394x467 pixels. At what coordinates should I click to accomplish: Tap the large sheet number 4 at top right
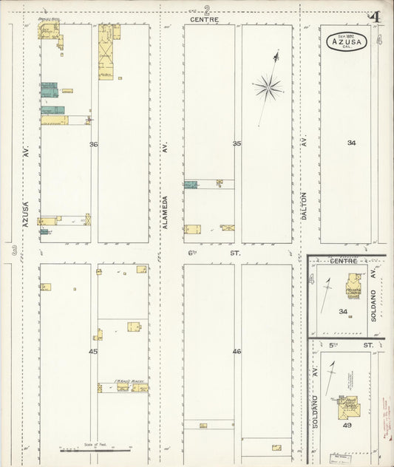pyautogui.click(x=376, y=18)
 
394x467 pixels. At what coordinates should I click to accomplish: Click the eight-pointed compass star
pyautogui.click(x=268, y=88)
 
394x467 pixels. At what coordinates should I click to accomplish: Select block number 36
pyautogui.click(x=94, y=145)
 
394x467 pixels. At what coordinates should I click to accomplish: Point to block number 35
pyautogui.click(x=237, y=144)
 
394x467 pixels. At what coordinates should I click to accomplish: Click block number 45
pyautogui.click(x=93, y=352)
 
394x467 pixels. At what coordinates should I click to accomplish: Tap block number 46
pyautogui.click(x=237, y=352)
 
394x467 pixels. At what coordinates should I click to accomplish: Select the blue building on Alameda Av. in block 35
pyautogui.click(x=191, y=185)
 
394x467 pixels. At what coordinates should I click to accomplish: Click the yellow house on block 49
pyautogui.click(x=347, y=406)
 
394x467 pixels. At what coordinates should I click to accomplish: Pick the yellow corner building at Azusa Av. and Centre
pyautogui.click(x=49, y=30)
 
